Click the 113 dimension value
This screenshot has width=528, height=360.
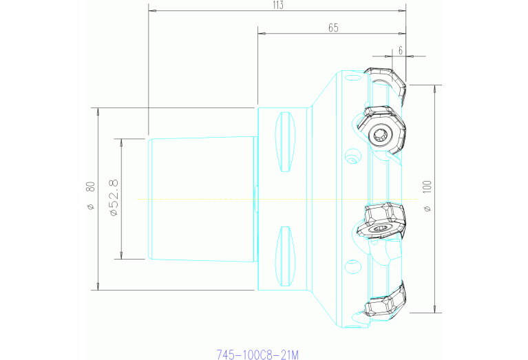[278, 5]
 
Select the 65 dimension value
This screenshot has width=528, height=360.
[333, 28]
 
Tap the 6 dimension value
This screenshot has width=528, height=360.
[400, 50]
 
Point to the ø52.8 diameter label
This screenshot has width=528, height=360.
[114, 198]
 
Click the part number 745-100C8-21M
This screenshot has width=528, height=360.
[258, 354]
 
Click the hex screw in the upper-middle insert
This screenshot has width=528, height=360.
[379, 134]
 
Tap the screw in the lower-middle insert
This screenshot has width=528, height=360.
[380, 229]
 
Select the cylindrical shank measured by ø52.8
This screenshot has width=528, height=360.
[202, 198]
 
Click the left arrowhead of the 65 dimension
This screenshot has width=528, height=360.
[260, 33]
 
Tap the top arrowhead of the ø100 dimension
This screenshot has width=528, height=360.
[435, 88]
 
